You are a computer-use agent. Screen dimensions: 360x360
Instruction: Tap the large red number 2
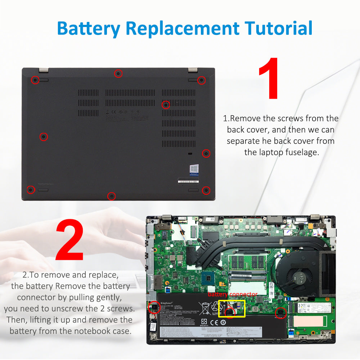pyautogui.click(x=69, y=241)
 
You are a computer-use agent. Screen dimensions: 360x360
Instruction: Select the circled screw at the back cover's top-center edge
pyautogui.click(x=118, y=74)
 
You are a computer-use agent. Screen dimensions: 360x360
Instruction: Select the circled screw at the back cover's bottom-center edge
pyautogui.click(x=112, y=196)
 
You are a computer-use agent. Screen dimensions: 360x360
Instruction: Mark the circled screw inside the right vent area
pyautogui.click(x=166, y=105)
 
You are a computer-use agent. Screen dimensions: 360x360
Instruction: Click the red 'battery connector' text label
pyautogui.click(x=232, y=294)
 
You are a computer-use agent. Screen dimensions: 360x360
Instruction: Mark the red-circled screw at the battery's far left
pyautogui.click(x=154, y=307)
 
